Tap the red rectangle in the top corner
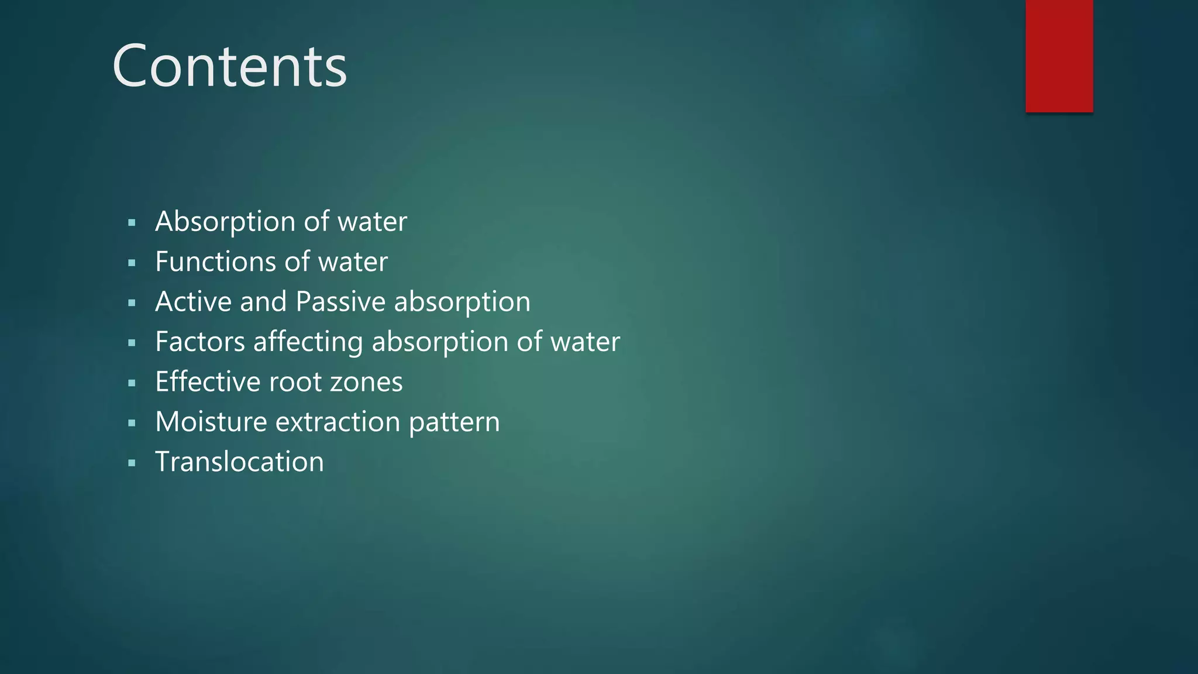1059,56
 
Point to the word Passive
340,302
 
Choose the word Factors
200,342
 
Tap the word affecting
308,342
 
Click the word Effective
208,382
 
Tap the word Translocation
239,462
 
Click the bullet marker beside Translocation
132,463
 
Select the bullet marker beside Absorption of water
132,223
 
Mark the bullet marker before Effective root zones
132,383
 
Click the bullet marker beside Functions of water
132,263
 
